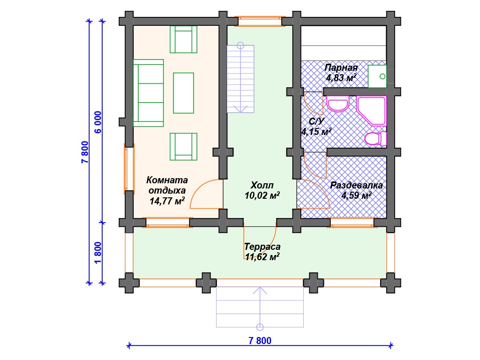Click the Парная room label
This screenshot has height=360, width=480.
click(x=341, y=67)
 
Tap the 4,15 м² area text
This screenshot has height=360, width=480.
click(x=316, y=132)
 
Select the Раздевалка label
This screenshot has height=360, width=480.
click(x=356, y=185)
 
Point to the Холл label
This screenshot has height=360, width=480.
click(x=262, y=185)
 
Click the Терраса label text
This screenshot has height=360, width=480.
click(x=262, y=247)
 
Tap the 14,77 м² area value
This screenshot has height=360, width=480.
click(x=167, y=201)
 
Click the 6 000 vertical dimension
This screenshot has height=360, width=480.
click(x=97, y=122)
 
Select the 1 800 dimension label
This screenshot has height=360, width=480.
click(x=97, y=253)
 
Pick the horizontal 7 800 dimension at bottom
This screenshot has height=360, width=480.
click(x=260, y=341)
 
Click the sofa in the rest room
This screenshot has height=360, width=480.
click(x=149, y=93)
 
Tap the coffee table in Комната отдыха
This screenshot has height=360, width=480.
click(x=183, y=93)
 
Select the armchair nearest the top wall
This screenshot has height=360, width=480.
click(x=183, y=39)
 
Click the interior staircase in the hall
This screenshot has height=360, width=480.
click(x=240, y=79)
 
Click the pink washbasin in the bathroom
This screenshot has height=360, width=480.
click(x=338, y=104)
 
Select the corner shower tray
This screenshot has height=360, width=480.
click(x=372, y=111)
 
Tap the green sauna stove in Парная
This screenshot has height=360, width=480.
click(x=377, y=76)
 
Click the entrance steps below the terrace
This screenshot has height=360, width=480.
click(x=260, y=307)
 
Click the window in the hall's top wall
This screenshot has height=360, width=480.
click(x=260, y=21)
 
